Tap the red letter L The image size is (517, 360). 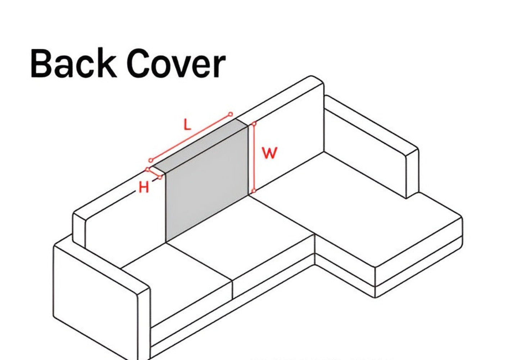pyautogui.click(x=187, y=125)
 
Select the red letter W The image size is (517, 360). pyautogui.click(x=269, y=153)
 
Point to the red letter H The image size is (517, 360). pyautogui.click(x=144, y=188)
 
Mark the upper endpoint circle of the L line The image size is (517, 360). pyautogui.click(x=231, y=114)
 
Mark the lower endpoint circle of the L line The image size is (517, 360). pyautogui.click(x=151, y=160)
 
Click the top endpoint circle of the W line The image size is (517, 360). pyautogui.click(x=254, y=124)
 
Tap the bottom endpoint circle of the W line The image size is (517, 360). pyautogui.click(x=254, y=191)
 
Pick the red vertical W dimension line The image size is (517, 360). pyautogui.click(x=254, y=158)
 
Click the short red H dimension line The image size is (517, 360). pyautogui.click(x=154, y=173)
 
